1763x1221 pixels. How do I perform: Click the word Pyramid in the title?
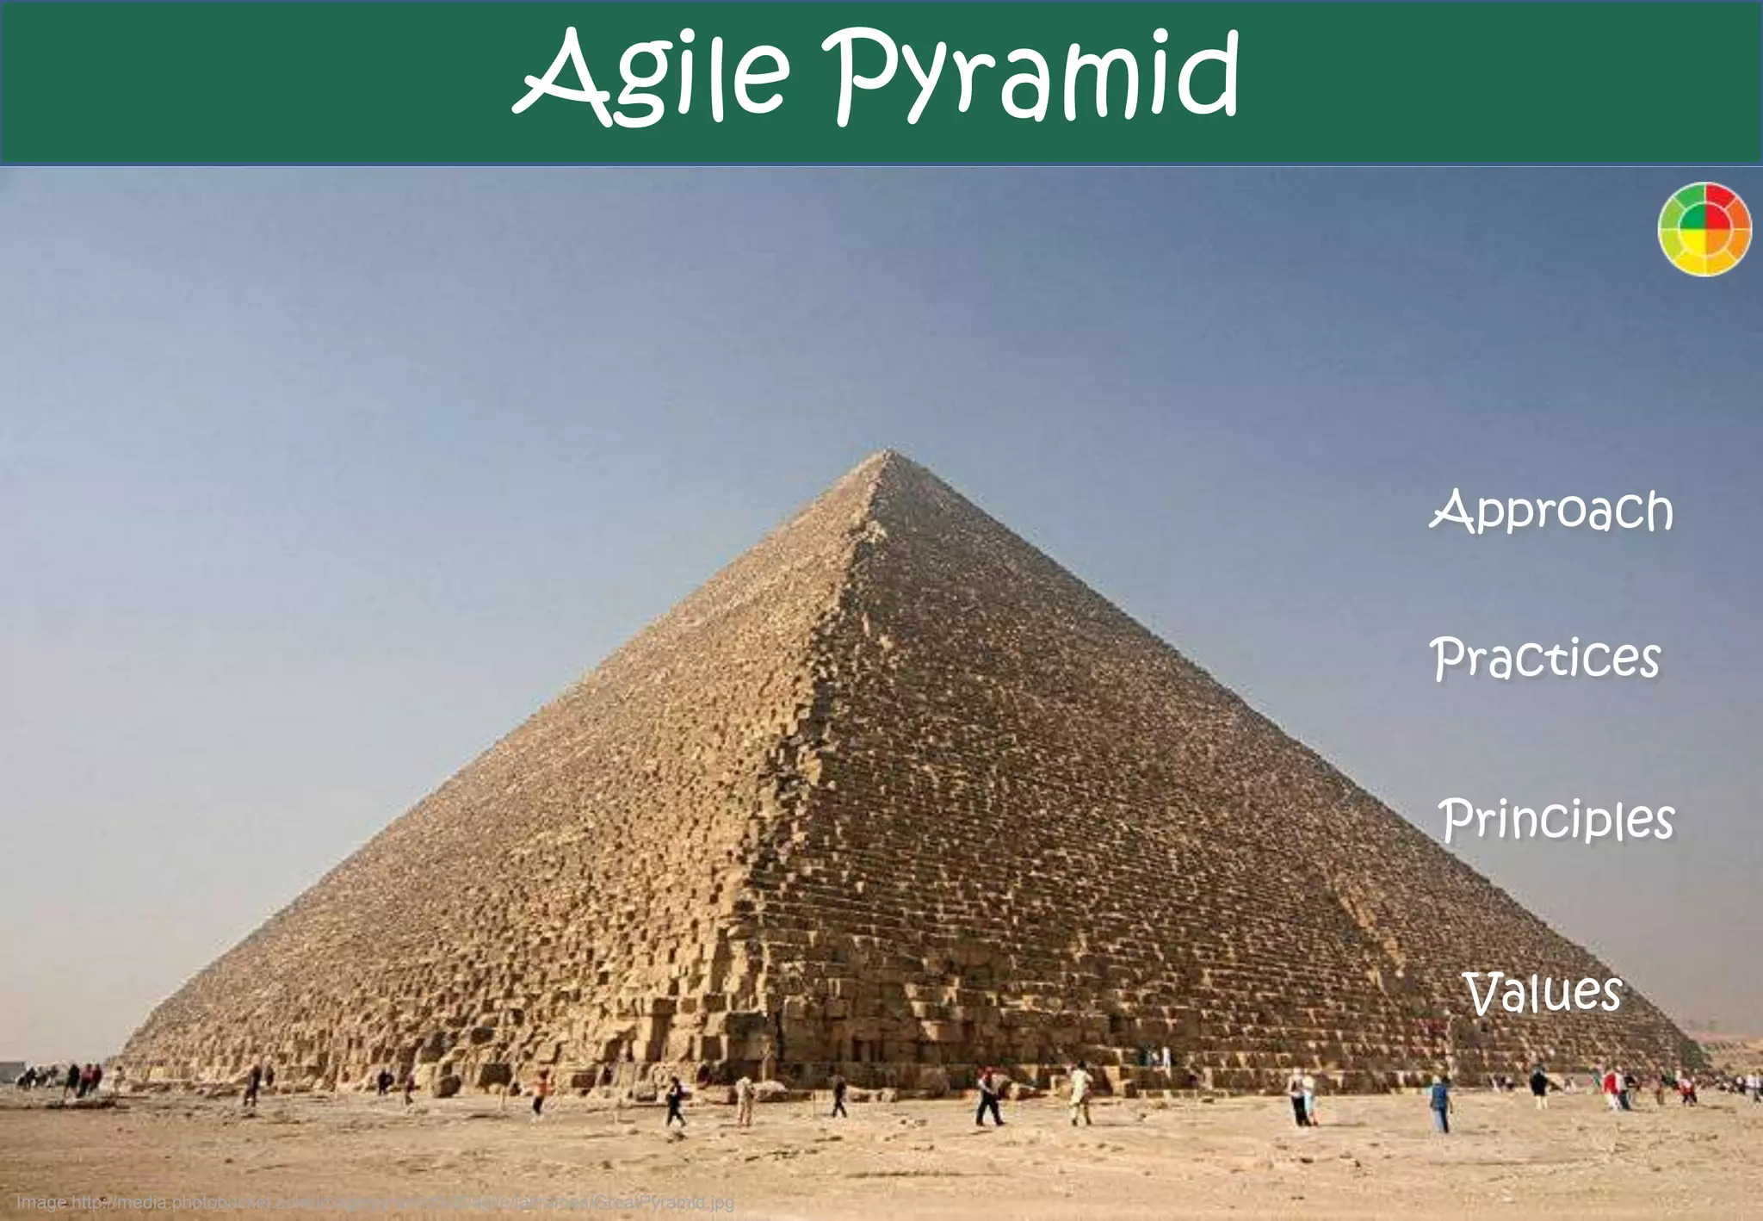click(x=1030, y=77)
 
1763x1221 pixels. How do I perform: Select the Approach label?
click(x=1551, y=511)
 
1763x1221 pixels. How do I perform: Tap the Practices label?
click(x=1545, y=660)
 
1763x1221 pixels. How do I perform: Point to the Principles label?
click(x=1556, y=820)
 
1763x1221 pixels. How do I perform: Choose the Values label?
click(x=1542, y=993)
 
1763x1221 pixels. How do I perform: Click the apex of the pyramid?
click(x=890, y=451)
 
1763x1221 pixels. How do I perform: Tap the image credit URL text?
click(x=374, y=1202)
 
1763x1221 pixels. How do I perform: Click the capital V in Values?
click(x=1485, y=994)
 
